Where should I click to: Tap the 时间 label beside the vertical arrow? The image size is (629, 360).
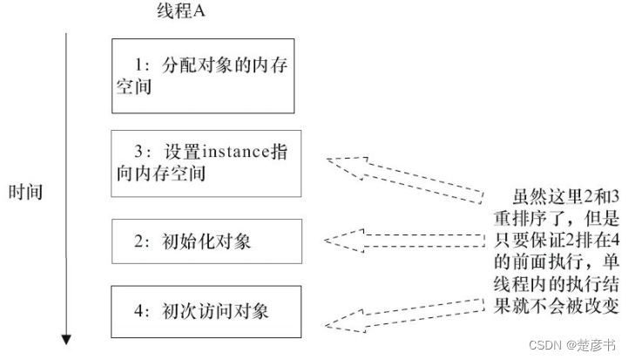[25, 191]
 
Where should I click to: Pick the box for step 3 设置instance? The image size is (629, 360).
[206, 162]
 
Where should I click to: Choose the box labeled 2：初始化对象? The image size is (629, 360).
[206, 241]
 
